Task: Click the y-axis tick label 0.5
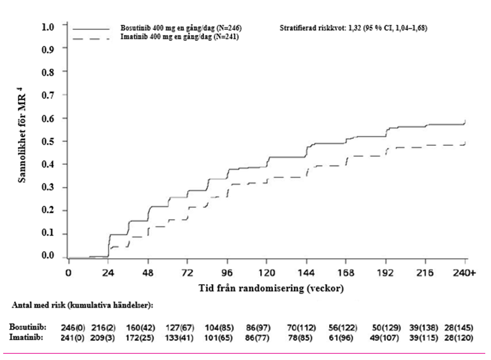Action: click(x=48, y=141)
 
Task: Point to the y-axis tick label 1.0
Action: click(x=48, y=27)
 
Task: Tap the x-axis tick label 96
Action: click(x=227, y=273)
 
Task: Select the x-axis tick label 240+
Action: click(x=464, y=273)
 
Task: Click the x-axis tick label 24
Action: click(x=108, y=273)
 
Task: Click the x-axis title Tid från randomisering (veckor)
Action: click(x=271, y=288)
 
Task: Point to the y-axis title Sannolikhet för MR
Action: click(x=22, y=138)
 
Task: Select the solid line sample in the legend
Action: click(x=91, y=29)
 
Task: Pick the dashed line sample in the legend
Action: click(x=91, y=39)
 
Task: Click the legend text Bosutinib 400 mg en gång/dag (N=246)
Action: click(x=181, y=28)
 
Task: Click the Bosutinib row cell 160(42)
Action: click(x=140, y=328)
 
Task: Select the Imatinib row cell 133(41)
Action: click(x=179, y=338)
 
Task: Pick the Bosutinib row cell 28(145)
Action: click(x=458, y=328)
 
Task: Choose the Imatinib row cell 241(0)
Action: click(x=72, y=338)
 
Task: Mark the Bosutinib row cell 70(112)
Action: click(x=301, y=328)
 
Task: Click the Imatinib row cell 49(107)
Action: click(x=385, y=338)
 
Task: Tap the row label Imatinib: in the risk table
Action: click(x=26, y=338)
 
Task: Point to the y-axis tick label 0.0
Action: click(x=48, y=256)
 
